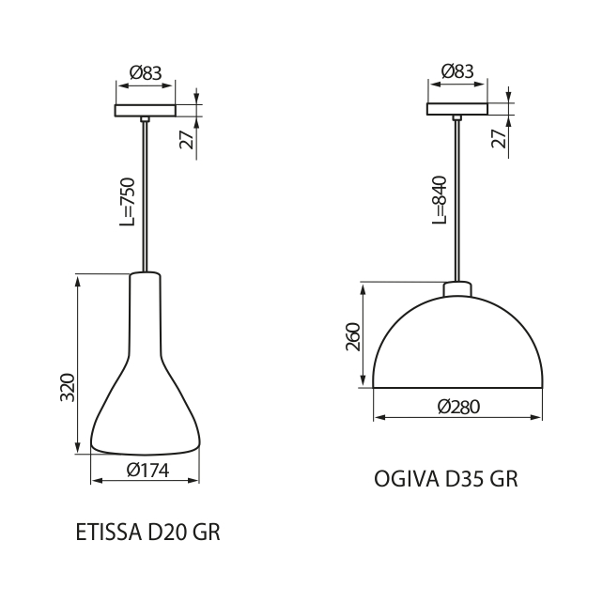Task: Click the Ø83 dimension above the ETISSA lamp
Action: [146, 71]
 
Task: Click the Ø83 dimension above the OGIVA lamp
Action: [457, 70]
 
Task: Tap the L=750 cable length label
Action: [129, 201]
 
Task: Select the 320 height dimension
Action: [68, 387]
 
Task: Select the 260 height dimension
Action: [353, 337]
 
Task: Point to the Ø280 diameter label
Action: [458, 407]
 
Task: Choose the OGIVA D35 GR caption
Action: [446, 479]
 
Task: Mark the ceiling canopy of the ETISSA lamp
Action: [145, 110]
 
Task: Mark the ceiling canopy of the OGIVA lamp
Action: [457, 109]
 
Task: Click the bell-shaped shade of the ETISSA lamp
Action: [146, 394]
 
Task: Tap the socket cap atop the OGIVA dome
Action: [457, 288]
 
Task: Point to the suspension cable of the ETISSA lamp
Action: [145, 197]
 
